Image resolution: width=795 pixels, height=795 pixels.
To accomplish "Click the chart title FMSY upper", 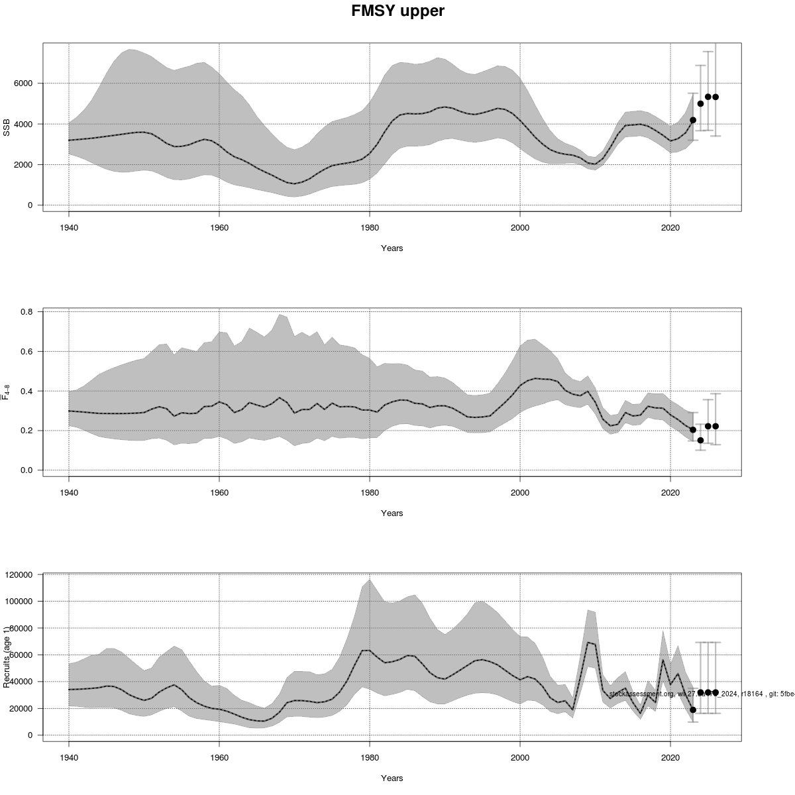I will point(397,11).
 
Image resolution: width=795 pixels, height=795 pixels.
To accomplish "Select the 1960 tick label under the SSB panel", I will point(219,227).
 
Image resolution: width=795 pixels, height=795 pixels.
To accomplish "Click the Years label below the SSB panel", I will point(392,248).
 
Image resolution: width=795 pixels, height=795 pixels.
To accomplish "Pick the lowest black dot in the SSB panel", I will point(693,120).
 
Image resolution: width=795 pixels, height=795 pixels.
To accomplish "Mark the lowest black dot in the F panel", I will point(700,440).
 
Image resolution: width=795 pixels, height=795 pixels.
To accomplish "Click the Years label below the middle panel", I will point(392,513).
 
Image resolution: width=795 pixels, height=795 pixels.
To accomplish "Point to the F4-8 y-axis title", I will point(7,392).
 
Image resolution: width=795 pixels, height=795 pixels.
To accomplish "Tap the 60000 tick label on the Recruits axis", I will point(23,655).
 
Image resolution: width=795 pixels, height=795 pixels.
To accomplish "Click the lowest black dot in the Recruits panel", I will point(693,710).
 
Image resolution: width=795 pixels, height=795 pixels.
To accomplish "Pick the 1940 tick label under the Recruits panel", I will point(69,757).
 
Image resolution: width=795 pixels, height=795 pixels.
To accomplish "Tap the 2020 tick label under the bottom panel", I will point(670,757).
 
